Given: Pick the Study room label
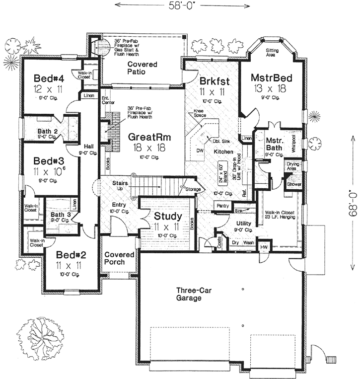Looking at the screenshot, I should [167, 217].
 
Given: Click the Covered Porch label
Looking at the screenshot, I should [119, 258].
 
